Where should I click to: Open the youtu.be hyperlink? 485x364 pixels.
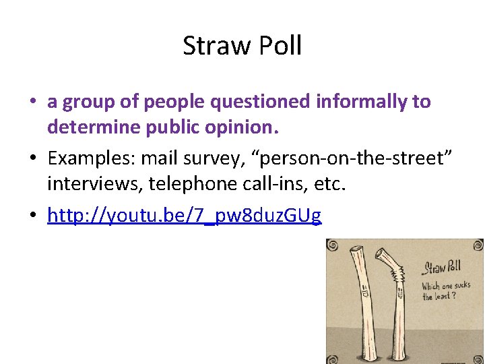pyautogui.click(x=184, y=215)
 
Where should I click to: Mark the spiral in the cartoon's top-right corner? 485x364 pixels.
pyautogui.click(x=476, y=247)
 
